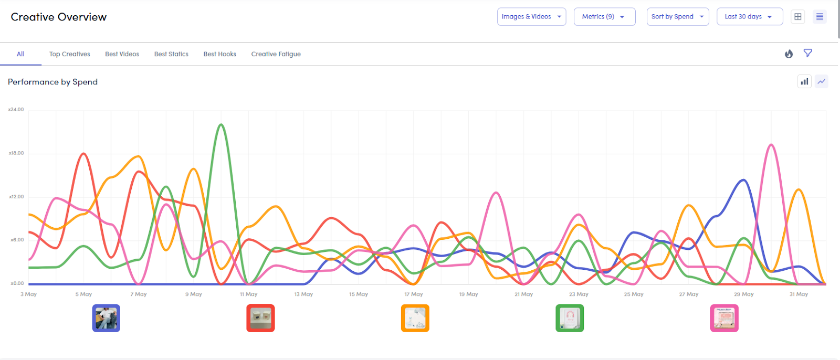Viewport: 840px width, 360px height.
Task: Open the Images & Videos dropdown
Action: click(531, 17)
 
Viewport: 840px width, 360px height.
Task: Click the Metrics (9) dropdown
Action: click(604, 17)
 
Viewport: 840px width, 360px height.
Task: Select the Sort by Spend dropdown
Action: click(677, 17)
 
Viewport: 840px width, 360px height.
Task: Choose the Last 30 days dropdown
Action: click(749, 17)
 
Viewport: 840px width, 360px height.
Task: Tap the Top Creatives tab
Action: click(70, 54)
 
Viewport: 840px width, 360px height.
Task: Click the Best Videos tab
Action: click(122, 54)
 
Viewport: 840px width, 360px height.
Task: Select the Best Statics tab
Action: click(171, 54)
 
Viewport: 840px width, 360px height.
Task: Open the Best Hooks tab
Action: click(220, 54)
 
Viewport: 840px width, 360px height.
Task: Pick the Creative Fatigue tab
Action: click(276, 54)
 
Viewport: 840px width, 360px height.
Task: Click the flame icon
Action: click(789, 54)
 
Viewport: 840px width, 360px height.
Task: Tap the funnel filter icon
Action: click(808, 53)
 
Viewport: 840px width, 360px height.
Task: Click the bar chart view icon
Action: click(804, 81)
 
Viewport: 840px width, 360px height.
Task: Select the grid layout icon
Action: click(798, 17)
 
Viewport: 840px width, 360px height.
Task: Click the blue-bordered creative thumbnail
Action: click(106, 318)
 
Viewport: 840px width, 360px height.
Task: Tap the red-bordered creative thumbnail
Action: click(260, 318)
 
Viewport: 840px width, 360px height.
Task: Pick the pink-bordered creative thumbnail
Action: click(724, 318)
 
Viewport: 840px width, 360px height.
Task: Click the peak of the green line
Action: click(221, 125)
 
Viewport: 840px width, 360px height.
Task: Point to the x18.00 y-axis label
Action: click(16, 153)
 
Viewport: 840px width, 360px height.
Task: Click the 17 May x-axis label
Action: click(414, 294)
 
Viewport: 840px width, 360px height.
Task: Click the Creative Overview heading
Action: click(59, 17)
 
